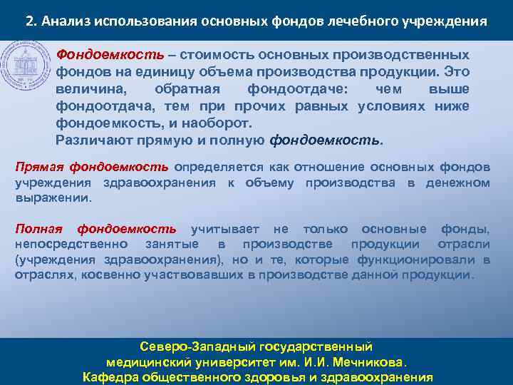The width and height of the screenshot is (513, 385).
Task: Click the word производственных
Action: click(x=407, y=55)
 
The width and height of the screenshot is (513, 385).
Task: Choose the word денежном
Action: click(x=457, y=183)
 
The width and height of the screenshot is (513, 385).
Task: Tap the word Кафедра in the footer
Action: click(x=110, y=377)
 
